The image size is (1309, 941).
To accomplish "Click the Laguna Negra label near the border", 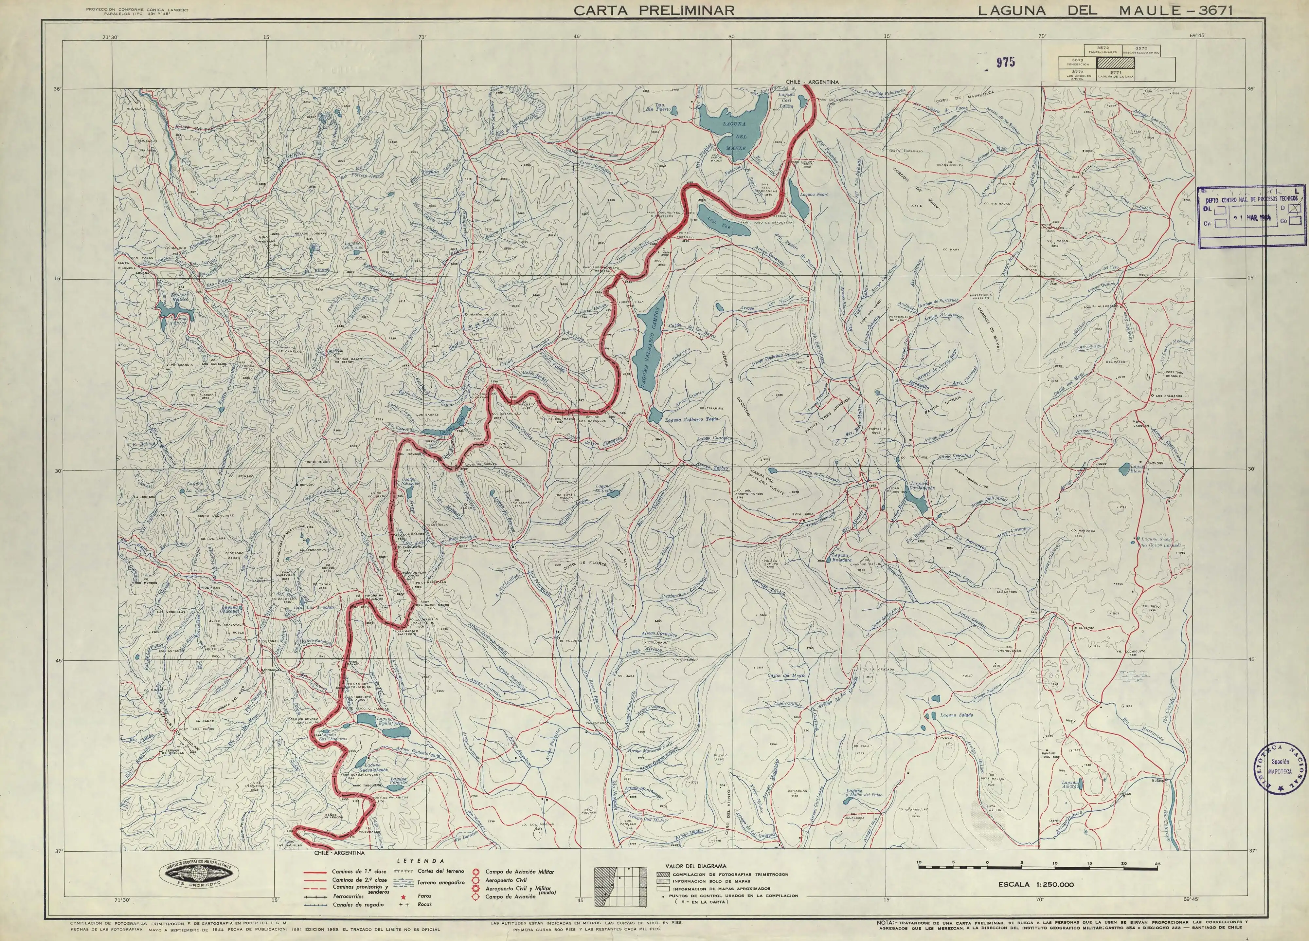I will [815, 194].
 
